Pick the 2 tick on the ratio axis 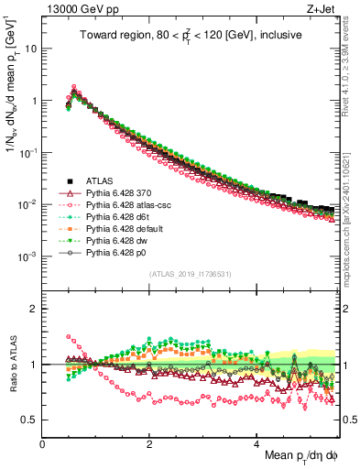coord(34,309)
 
